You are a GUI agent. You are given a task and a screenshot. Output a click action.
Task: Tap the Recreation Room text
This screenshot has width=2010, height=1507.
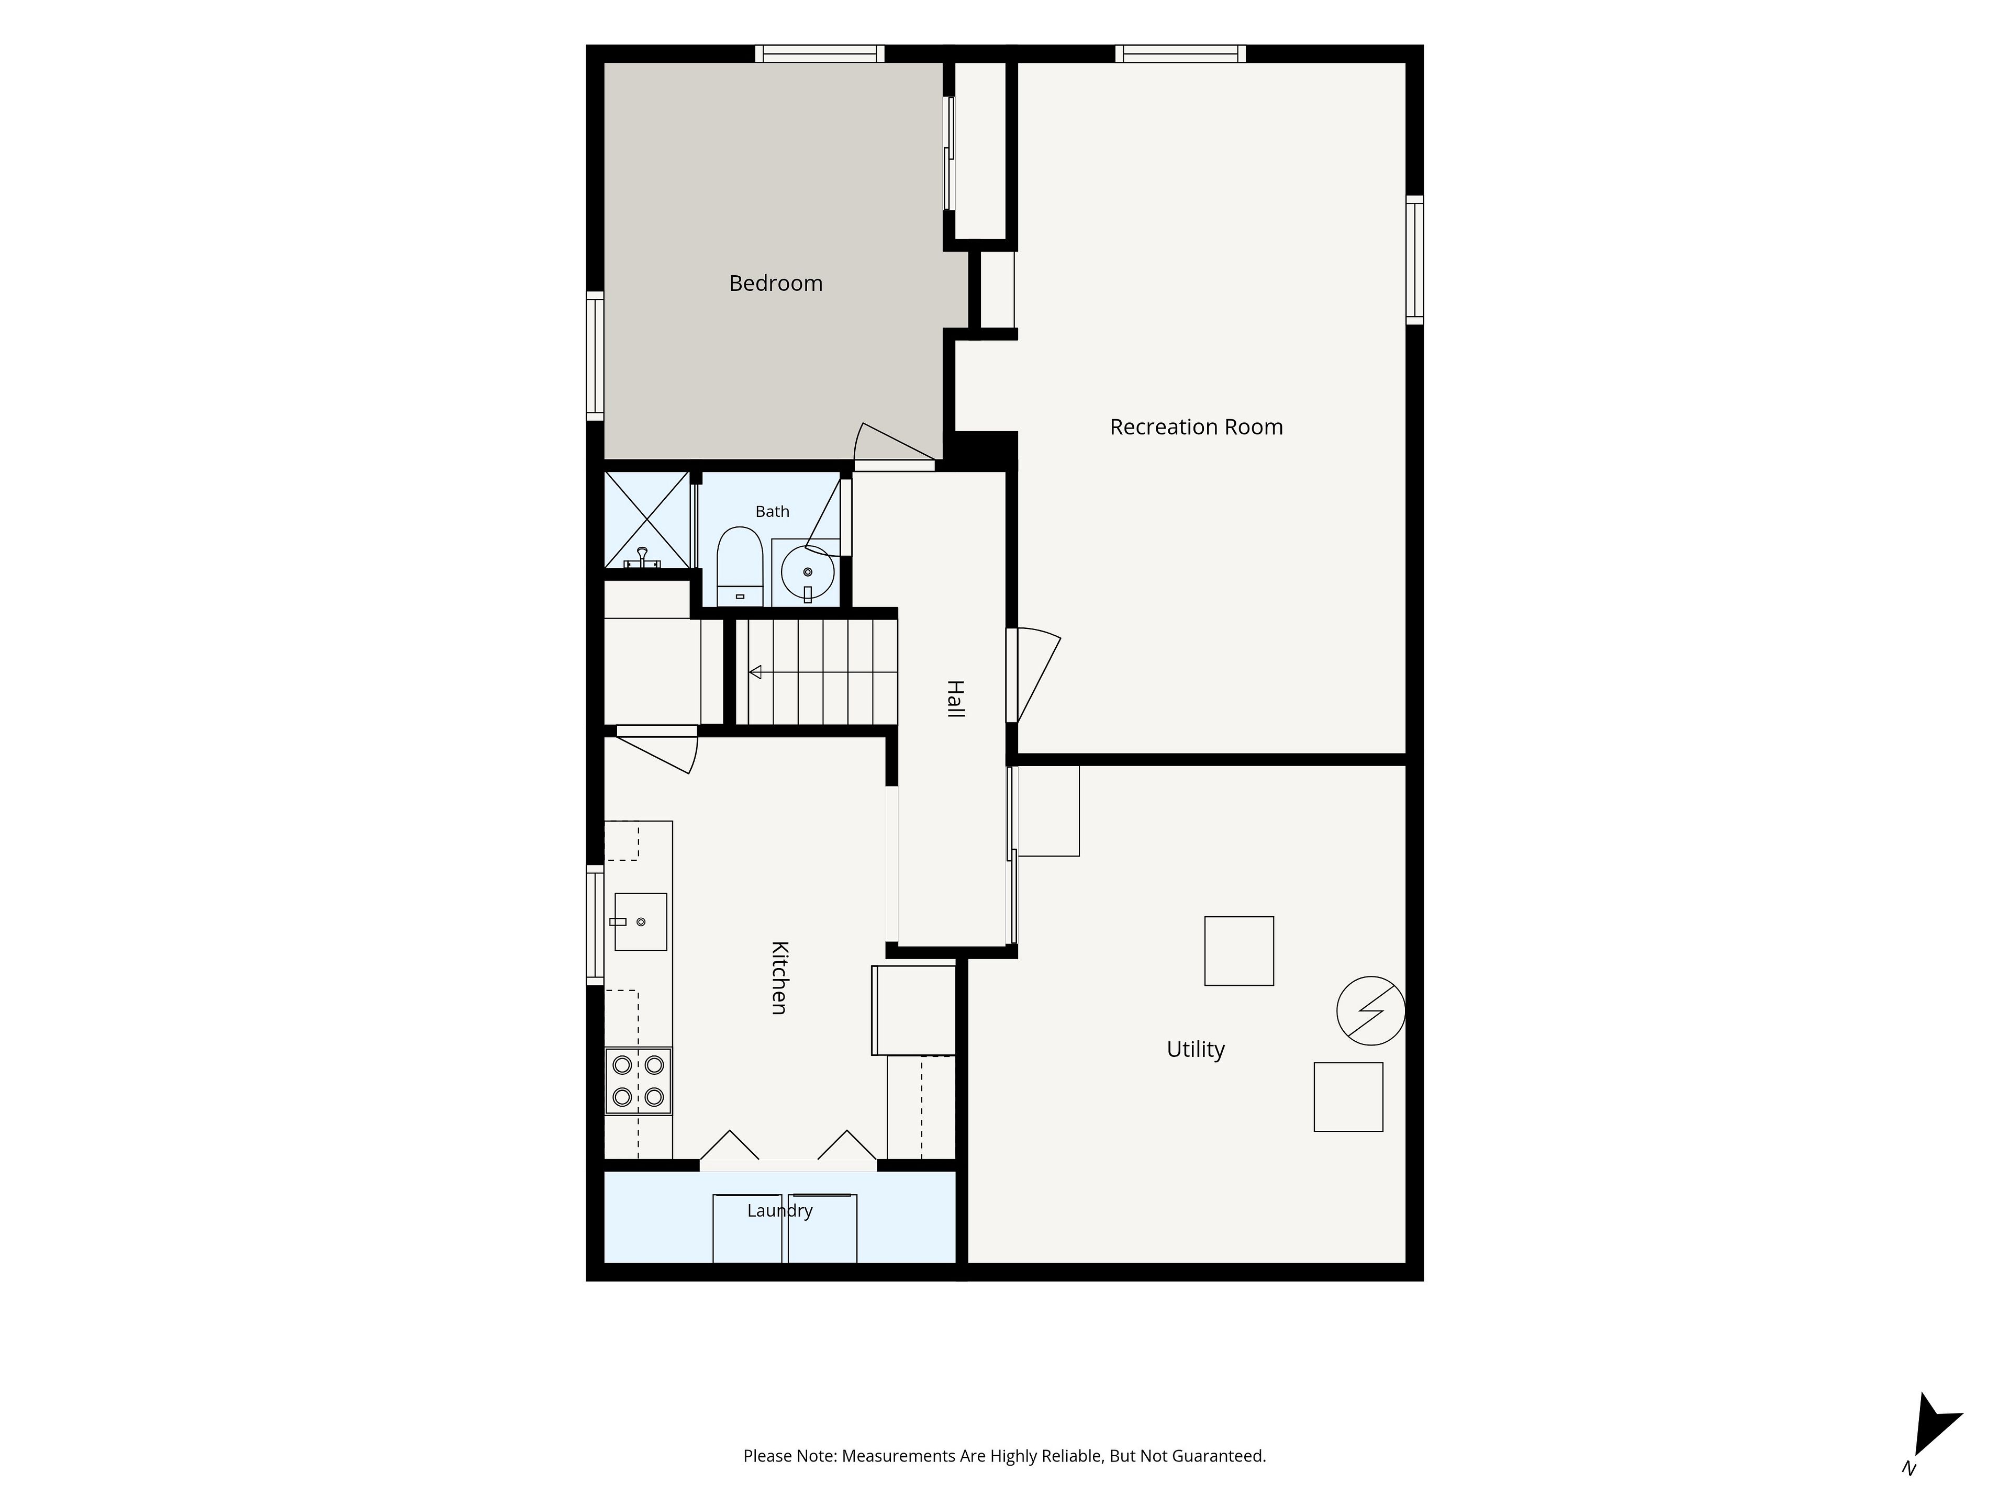(1196, 427)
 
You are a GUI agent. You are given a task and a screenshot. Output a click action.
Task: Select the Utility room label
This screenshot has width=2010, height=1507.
(1196, 1049)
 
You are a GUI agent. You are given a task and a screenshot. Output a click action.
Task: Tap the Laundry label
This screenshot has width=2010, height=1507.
(779, 1211)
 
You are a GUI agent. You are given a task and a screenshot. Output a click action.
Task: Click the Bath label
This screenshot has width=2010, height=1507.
(773, 511)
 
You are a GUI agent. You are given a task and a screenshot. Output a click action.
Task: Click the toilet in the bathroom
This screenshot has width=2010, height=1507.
(740, 566)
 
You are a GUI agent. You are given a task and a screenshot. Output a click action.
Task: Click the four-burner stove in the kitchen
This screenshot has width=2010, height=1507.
(638, 1081)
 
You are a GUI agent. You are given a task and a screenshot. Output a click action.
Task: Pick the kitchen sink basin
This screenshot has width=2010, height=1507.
(641, 922)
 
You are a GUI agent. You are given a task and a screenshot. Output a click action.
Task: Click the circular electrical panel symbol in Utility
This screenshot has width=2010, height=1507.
(1371, 1010)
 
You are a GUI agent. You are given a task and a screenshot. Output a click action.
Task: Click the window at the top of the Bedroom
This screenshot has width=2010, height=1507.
(820, 53)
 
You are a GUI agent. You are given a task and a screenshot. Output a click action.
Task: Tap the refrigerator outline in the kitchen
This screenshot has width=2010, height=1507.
(913, 1010)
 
